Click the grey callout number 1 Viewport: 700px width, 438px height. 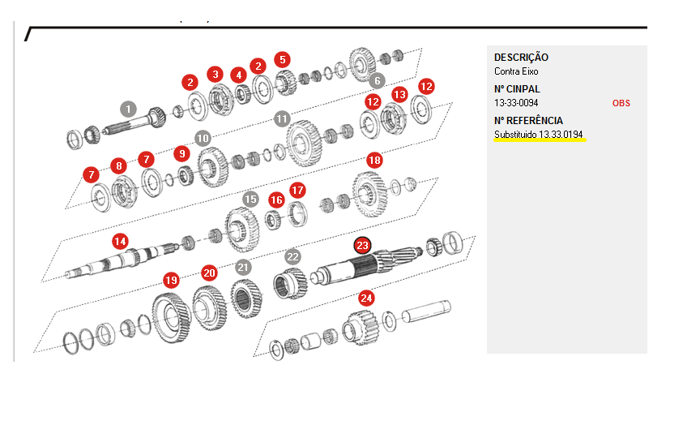[128, 109]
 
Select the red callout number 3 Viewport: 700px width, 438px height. [216, 74]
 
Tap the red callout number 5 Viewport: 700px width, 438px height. [283, 59]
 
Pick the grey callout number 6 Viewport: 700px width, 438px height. [378, 81]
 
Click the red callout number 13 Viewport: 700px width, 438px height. [399, 95]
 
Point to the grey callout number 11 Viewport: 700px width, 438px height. [282, 119]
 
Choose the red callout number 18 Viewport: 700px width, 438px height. [374, 160]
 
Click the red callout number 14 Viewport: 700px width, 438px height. [120, 242]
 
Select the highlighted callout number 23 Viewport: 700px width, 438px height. [362, 245]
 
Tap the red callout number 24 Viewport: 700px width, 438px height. [366, 298]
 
